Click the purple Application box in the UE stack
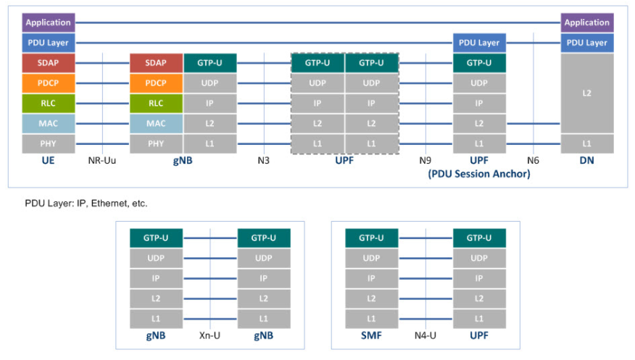pos(48,22)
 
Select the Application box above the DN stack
pos(587,22)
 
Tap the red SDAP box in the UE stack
pos(48,63)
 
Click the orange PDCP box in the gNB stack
pos(156,83)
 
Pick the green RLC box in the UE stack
pos(48,104)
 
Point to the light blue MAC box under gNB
pos(156,124)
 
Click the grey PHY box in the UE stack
pos(48,143)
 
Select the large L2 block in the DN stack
pos(587,93)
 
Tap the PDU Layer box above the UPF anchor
pos(479,43)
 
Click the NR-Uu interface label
pos(102,161)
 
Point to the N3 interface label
pos(264,161)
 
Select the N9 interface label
pos(426,161)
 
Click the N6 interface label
pos(533,161)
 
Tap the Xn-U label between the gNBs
pos(209,335)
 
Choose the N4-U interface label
pos(426,335)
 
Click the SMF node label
pos(371,335)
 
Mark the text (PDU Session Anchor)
pos(479,174)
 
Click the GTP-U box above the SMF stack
pos(371,238)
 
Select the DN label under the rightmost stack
pos(587,161)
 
